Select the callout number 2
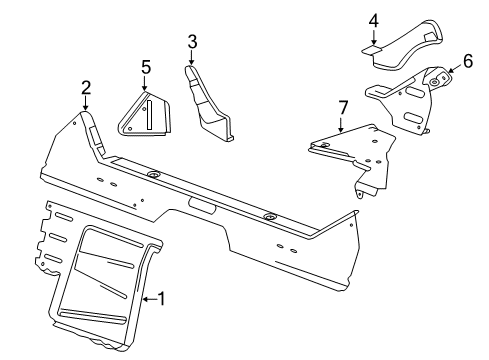(86, 87)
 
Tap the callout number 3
(191, 41)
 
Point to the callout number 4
(372, 20)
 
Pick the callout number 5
(145, 67)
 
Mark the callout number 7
(342, 106)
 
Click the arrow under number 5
(145, 85)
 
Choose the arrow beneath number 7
(342, 124)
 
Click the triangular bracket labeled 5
(147, 113)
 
